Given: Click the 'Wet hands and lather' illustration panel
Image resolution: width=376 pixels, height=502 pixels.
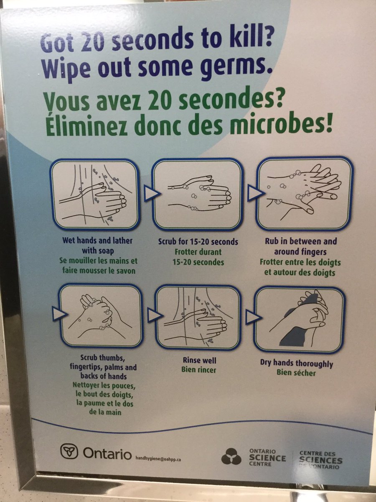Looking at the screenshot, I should (x=95, y=194).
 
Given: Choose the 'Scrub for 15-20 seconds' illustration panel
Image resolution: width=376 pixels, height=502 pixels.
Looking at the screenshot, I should (x=197, y=195).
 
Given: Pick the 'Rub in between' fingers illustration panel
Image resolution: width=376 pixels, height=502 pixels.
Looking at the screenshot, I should (x=305, y=193).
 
